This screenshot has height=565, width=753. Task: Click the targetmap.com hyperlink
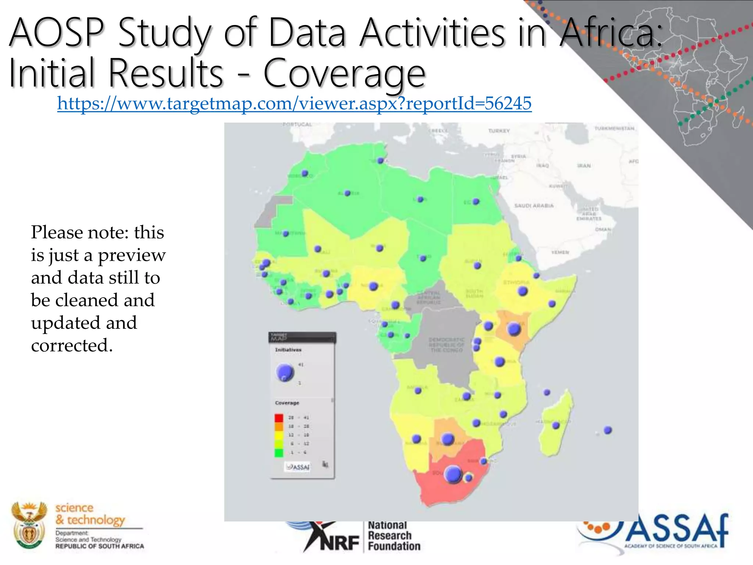pyautogui.click(x=294, y=103)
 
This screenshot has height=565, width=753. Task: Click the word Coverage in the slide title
pyautogui.click(x=344, y=74)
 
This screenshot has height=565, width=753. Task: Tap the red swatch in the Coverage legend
pyautogui.click(x=279, y=418)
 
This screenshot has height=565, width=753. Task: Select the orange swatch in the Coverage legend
pyautogui.click(x=279, y=426)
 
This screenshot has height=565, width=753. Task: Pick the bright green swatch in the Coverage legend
pyautogui.click(x=279, y=452)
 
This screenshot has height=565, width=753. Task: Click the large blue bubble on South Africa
pyautogui.click(x=453, y=474)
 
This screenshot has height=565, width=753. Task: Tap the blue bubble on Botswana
pyautogui.click(x=447, y=438)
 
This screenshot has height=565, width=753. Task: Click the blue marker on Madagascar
pyautogui.click(x=556, y=425)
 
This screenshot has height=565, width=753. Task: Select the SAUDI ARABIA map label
pyautogui.click(x=533, y=206)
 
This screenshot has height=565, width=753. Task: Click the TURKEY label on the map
pyautogui.click(x=499, y=131)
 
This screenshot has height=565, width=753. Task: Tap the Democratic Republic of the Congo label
pyautogui.click(x=446, y=345)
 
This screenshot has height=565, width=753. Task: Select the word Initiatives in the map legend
pyautogui.click(x=288, y=350)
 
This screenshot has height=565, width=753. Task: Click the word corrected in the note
pyautogui.click(x=72, y=345)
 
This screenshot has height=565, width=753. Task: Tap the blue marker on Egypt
pyautogui.click(x=476, y=202)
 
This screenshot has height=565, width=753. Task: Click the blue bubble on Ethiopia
pyautogui.click(x=522, y=291)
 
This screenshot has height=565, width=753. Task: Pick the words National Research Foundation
pyautogui.click(x=393, y=536)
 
